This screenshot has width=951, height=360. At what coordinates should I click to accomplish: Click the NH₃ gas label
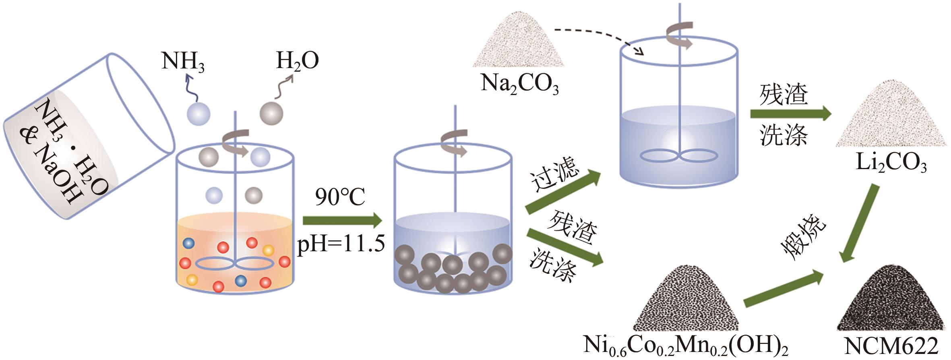182,62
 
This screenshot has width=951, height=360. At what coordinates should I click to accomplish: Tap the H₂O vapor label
297,61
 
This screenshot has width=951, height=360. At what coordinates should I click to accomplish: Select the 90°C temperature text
340,197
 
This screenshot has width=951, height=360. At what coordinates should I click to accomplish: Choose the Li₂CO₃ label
891,165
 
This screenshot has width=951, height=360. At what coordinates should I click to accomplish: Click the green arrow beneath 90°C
342,221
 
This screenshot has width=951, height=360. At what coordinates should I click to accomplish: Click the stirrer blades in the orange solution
234,264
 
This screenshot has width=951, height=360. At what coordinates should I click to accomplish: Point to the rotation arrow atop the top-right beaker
680,34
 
